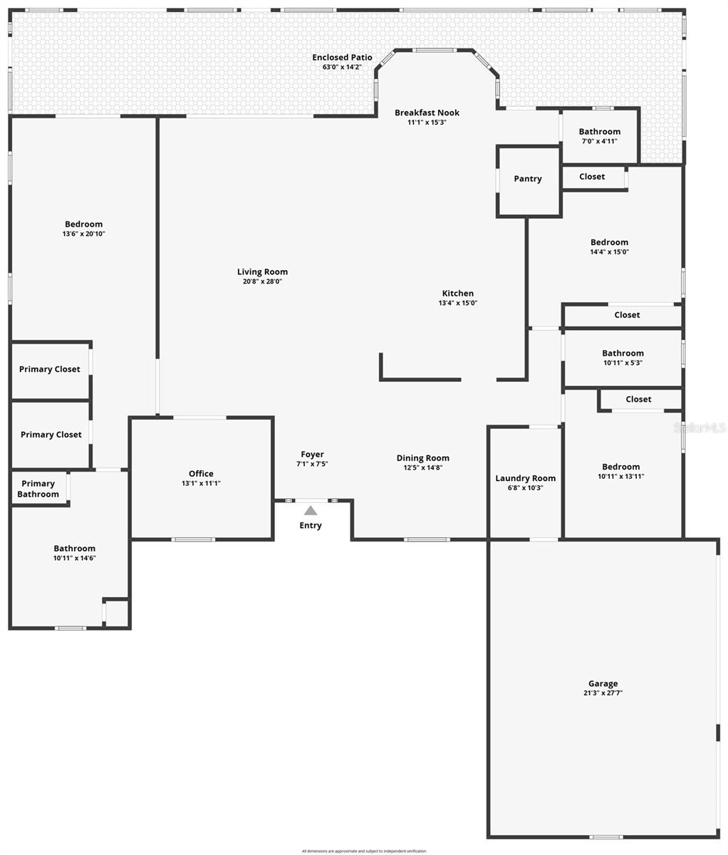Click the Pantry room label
click(528, 179)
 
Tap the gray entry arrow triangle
click(311, 510)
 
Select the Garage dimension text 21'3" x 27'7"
click(603, 693)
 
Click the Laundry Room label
click(526, 478)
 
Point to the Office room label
click(201, 474)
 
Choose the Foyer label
click(312, 454)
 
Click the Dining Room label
click(422, 458)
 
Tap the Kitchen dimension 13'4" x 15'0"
click(457, 303)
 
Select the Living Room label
click(262, 271)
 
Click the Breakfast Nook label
click(427, 113)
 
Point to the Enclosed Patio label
click(342, 57)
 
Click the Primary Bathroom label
click(38, 489)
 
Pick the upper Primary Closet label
click(50, 369)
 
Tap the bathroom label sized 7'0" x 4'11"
click(599, 132)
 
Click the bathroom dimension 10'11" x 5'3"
click(623, 363)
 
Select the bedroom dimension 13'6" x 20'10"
click(83, 234)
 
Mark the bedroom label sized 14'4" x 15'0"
click(609, 242)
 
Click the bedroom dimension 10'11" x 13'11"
click(620, 477)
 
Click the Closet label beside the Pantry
click(592, 177)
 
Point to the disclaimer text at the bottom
click(364, 851)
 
